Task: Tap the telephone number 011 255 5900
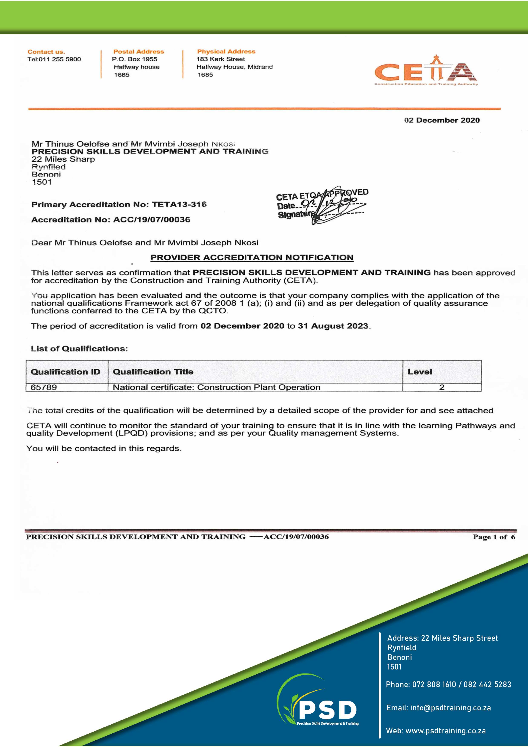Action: click(60, 59)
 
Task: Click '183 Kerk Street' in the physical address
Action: click(221, 59)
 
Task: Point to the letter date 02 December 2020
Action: click(442, 120)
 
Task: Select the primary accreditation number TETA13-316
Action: click(179, 205)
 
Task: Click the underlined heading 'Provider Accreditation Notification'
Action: click(252, 258)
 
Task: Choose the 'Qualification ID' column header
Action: click(65, 372)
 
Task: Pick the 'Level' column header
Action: click(420, 372)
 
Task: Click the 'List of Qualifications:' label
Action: click(79, 349)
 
